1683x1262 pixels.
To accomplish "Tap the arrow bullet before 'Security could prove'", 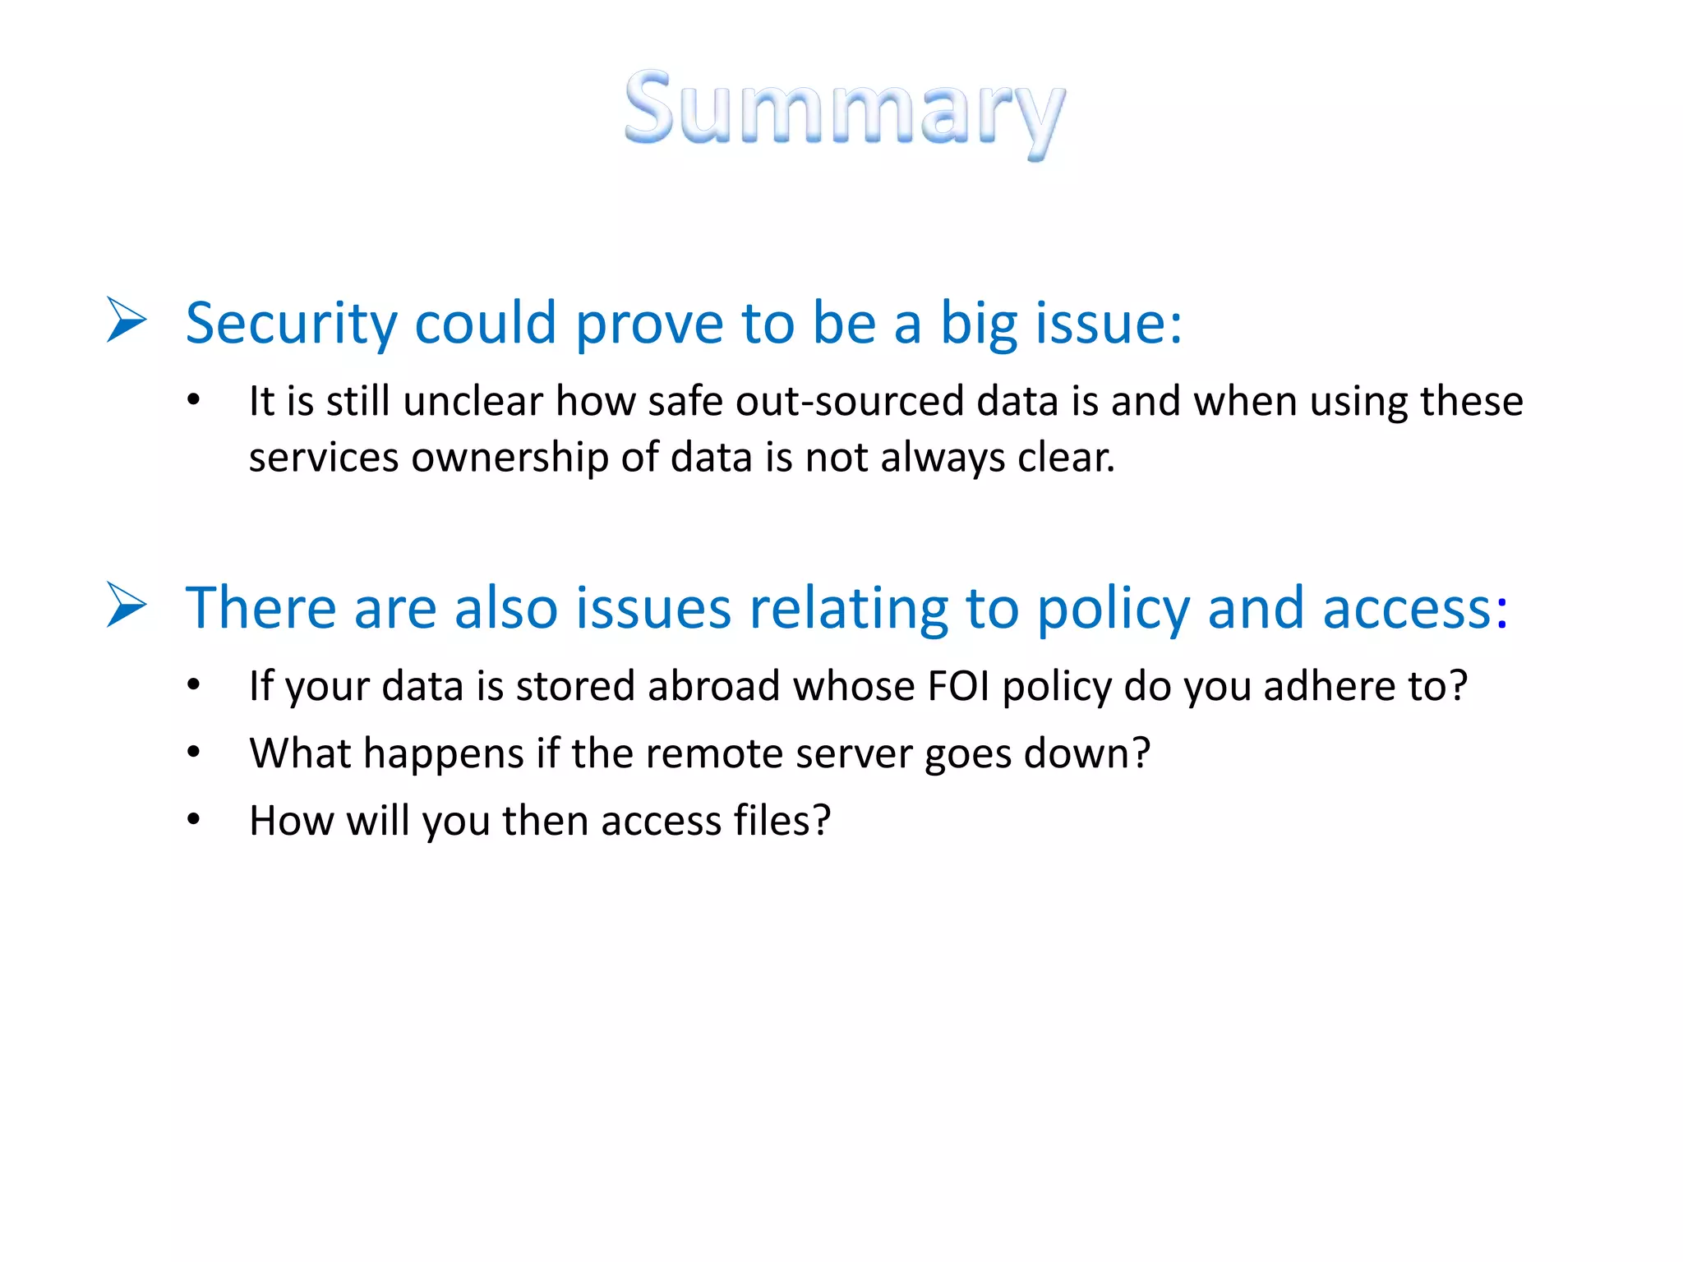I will click(127, 320).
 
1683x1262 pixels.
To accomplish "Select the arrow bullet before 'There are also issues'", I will click(127, 605).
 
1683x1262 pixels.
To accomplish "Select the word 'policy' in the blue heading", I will click(1113, 610).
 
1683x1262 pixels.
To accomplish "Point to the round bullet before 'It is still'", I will click(193, 401).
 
